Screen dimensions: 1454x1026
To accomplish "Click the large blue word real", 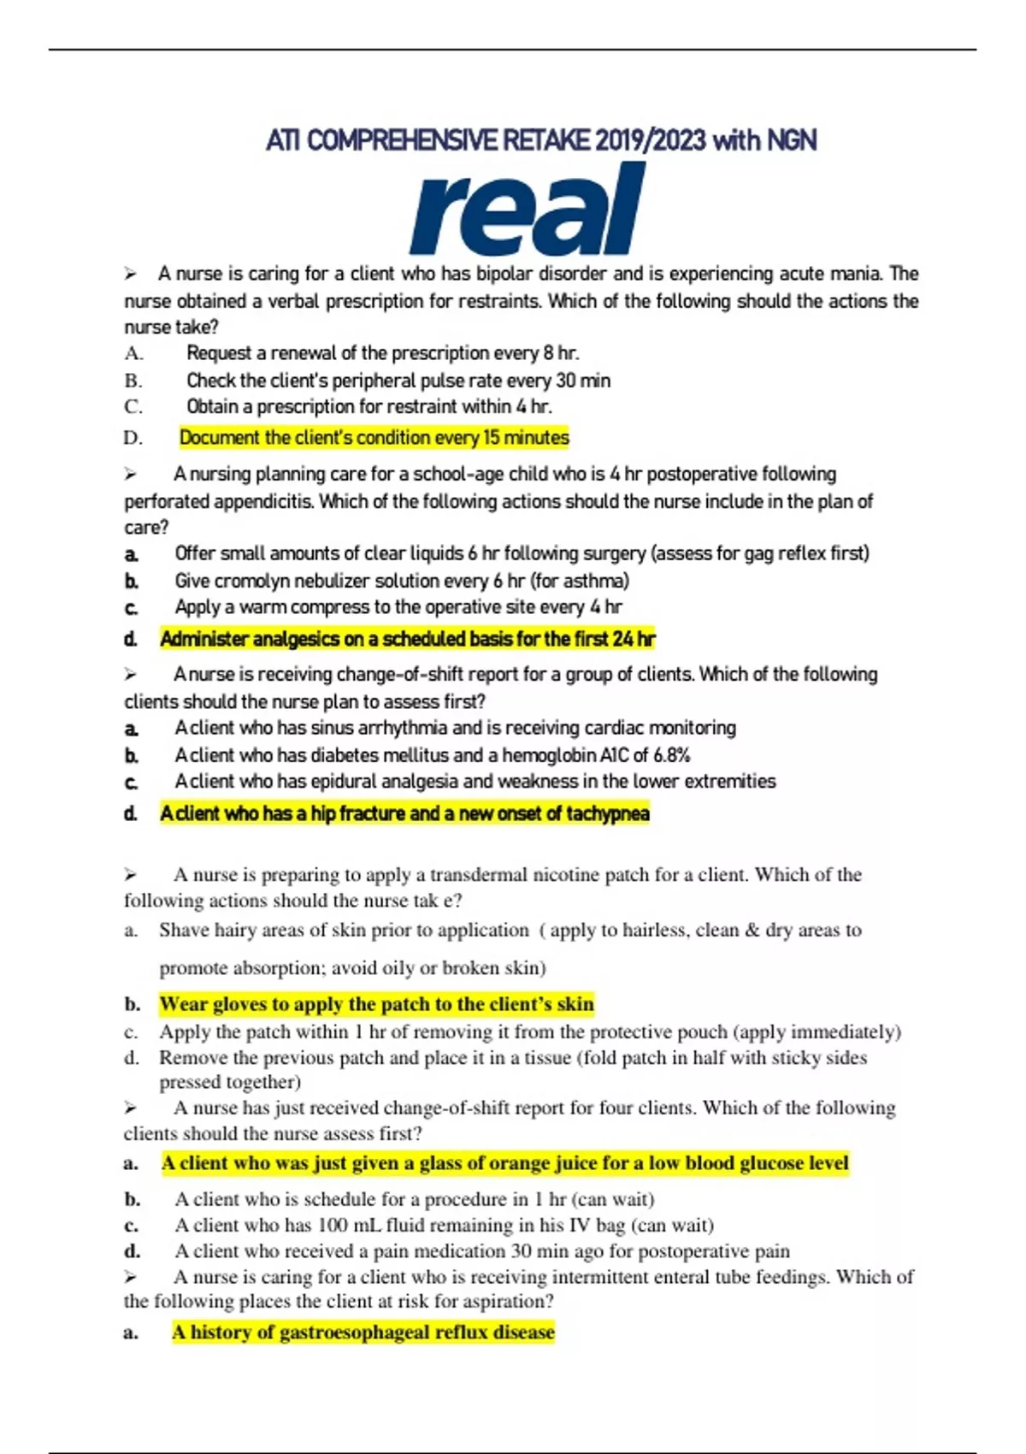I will [x=527, y=210].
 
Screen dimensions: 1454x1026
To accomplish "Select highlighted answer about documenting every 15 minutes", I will [x=374, y=438].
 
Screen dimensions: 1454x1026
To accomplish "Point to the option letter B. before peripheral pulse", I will [x=133, y=381].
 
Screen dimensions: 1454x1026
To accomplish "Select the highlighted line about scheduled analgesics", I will [x=407, y=639].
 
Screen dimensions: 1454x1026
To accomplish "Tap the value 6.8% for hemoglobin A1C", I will [x=672, y=755].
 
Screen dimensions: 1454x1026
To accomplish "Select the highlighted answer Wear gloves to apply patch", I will [x=376, y=1004].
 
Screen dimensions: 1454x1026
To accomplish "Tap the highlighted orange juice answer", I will [x=504, y=1163].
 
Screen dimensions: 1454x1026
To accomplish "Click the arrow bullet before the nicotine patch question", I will [x=130, y=875].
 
